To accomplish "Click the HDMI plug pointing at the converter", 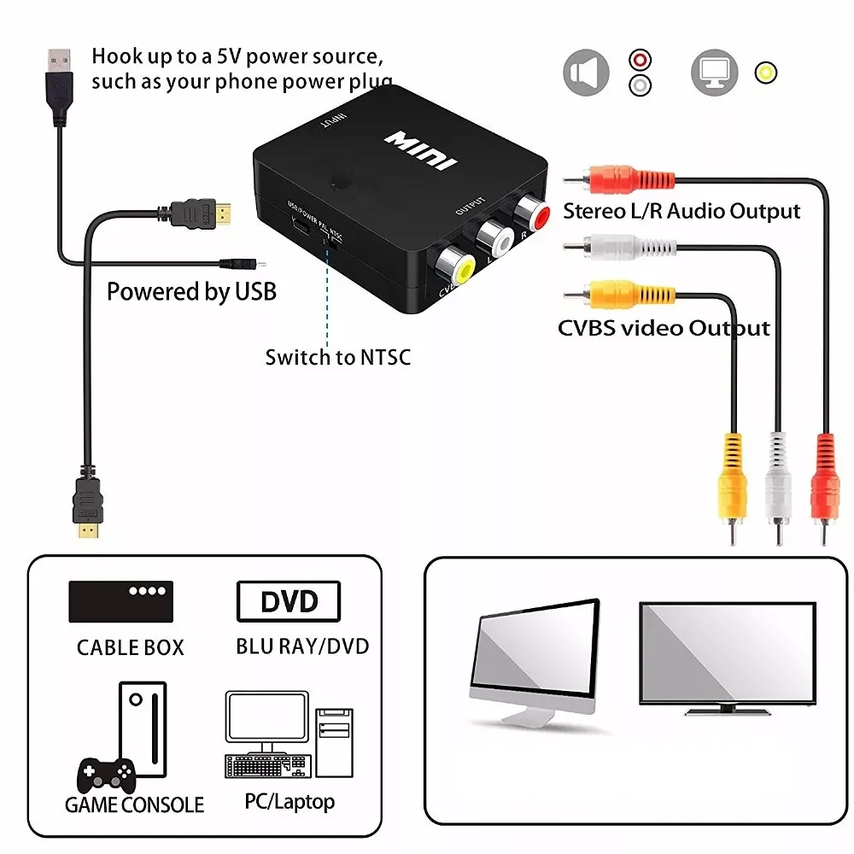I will [x=201, y=213].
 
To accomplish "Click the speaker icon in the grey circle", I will [x=586, y=73].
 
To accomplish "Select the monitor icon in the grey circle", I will [x=713, y=73].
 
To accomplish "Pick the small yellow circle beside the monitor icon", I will [x=766, y=73].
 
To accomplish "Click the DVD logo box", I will [x=288, y=602].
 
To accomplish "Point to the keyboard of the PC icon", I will [x=266, y=765].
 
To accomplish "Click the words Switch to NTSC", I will [x=337, y=357].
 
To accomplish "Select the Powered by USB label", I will [x=191, y=292].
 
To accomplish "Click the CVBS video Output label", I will [x=664, y=329].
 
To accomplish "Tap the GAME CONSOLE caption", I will [x=135, y=804].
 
